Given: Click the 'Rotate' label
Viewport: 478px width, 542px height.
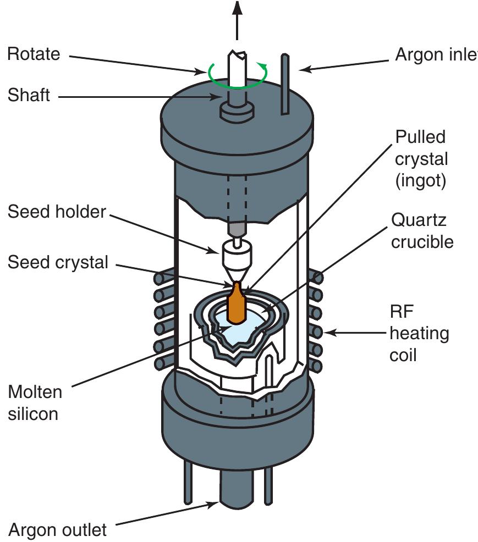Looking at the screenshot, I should [x=34, y=54].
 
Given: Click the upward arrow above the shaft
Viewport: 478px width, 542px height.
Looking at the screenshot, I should [x=237, y=16].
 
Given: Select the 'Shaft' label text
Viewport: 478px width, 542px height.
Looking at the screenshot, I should [x=29, y=95].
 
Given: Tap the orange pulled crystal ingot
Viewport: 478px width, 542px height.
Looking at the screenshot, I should [x=237, y=305].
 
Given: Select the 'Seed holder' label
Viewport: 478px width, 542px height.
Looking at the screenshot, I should [x=57, y=212].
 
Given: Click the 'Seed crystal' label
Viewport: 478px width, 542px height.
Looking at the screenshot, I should [x=58, y=262].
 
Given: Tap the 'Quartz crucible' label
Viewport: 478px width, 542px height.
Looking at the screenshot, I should [x=422, y=230].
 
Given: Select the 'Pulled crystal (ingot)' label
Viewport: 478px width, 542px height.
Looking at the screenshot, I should [x=421, y=159].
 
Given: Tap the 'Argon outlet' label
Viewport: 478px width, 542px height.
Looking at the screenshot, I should [x=57, y=530].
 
